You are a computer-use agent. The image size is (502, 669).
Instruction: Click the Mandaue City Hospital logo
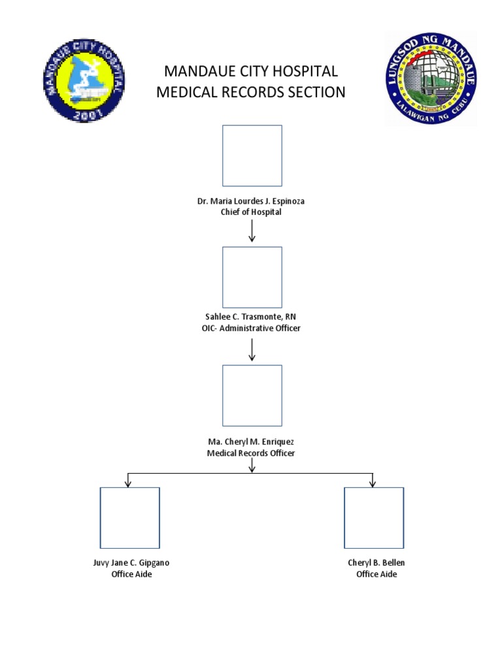pyautogui.click(x=84, y=81)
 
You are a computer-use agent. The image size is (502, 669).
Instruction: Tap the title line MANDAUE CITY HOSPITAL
pyautogui.click(x=251, y=71)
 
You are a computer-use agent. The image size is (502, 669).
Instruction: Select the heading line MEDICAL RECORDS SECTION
pyautogui.click(x=251, y=92)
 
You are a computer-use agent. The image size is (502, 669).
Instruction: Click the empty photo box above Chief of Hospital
pyautogui.click(x=252, y=155)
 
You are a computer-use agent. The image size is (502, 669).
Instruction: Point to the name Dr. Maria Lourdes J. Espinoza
pyautogui.click(x=251, y=201)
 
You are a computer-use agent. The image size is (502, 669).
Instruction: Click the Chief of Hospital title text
pyautogui.click(x=251, y=212)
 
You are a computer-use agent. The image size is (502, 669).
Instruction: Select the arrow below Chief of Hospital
pyautogui.click(x=252, y=231)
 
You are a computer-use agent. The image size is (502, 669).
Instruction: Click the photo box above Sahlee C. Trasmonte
pyautogui.click(x=252, y=277)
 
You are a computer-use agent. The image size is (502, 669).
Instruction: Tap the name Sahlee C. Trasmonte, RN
pyautogui.click(x=251, y=317)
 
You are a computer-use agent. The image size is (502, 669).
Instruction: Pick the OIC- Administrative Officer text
pyautogui.click(x=251, y=328)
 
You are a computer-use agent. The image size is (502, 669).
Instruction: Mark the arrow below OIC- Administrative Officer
pyautogui.click(x=252, y=350)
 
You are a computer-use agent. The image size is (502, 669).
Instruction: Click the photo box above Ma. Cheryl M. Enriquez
pyautogui.click(x=252, y=395)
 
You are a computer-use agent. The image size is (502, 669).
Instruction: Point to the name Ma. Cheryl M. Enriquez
pyautogui.click(x=251, y=442)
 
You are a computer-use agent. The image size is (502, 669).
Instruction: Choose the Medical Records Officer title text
pyautogui.click(x=251, y=453)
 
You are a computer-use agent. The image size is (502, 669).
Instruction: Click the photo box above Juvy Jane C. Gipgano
pyautogui.click(x=129, y=517)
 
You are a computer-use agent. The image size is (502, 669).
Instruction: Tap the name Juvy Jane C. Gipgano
pyautogui.click(x=131, y=563)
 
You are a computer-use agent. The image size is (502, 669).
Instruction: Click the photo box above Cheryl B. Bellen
pyautogui.click(x=374, y=517)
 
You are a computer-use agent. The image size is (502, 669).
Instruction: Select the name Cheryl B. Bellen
pyautogui.click(x=376, y=563)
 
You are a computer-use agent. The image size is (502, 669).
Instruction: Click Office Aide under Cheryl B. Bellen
pyautogui.click(x=376, y=574)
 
